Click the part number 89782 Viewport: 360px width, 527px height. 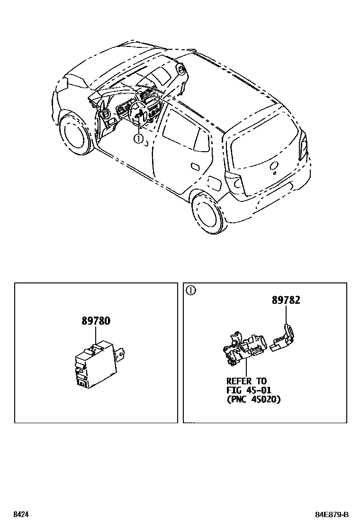point(286,300)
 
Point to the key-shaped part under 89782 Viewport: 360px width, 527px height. point(283,339)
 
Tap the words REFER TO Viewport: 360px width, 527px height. point(246,381)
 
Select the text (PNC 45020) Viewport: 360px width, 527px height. point(253,400)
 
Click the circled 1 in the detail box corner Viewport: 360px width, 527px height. point(190,291)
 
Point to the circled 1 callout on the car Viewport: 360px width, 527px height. point(138,139)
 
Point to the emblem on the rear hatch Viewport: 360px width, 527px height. point(274,166)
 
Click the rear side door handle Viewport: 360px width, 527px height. point(194,165)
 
